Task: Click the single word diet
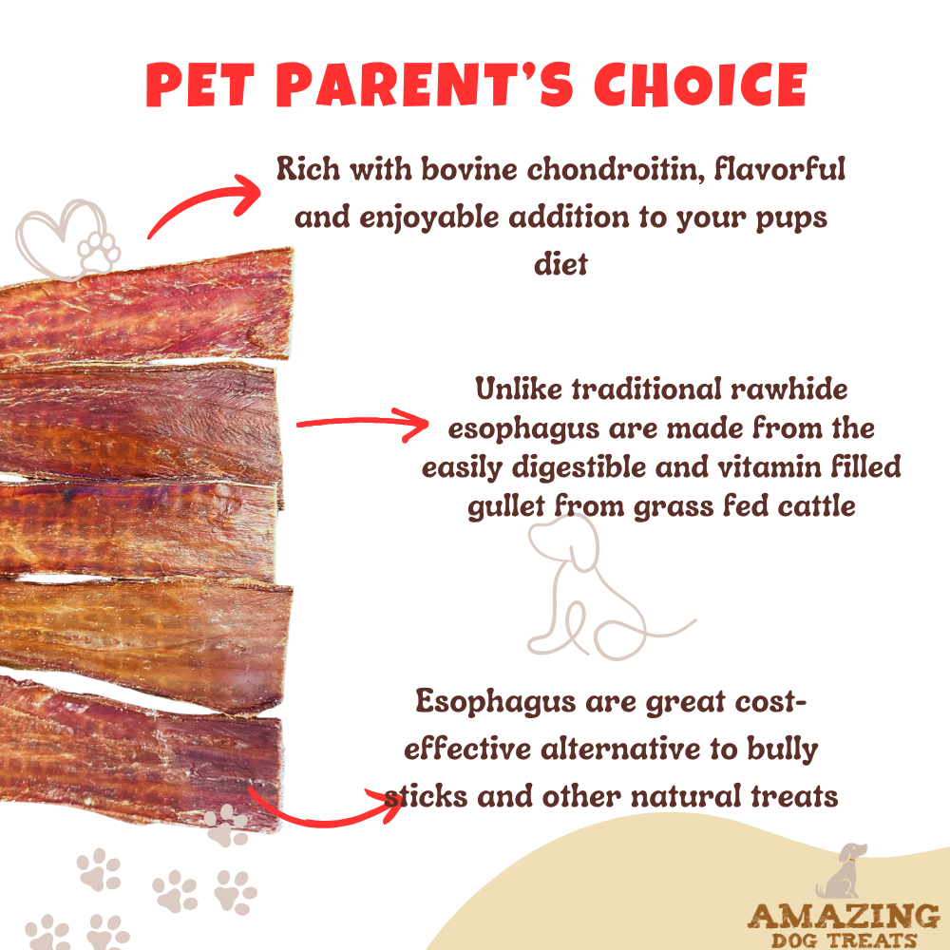(560, 263)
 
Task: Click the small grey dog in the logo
(839, 874)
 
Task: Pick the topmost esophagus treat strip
(142, 309)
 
